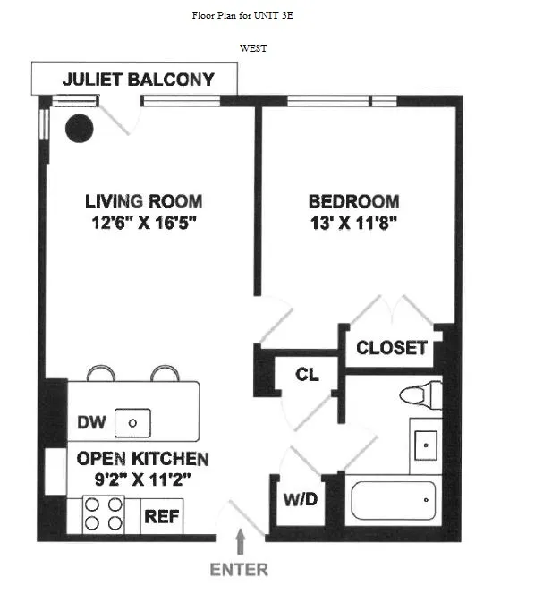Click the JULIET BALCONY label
138,80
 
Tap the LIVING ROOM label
143,201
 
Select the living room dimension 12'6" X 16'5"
143,223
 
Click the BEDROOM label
353,201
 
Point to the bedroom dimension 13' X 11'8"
353,223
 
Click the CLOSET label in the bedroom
392,348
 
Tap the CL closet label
307,375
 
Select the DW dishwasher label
89,422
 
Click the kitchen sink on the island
136,422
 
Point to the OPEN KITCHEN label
142,459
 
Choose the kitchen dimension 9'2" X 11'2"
142,479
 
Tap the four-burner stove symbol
103,514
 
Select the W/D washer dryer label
300,499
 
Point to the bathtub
394,500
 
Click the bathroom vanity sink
425,441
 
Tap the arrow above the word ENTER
240,542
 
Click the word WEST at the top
254,48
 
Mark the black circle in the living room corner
78,129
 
